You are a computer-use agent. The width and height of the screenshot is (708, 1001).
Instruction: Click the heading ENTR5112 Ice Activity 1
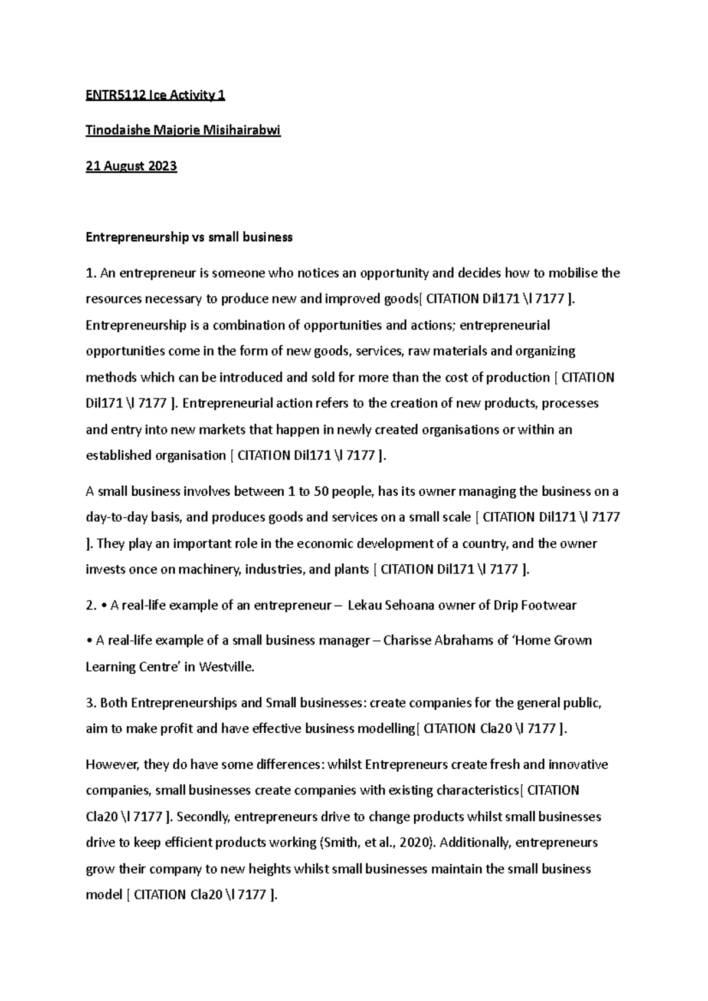click(x=155, y=95)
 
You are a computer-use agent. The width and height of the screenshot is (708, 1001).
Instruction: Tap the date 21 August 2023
click(x=131, y=166)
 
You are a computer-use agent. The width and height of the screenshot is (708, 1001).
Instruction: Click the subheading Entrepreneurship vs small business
click(x=189, y=237)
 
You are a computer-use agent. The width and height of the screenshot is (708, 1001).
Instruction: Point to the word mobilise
click(x=572, y=273)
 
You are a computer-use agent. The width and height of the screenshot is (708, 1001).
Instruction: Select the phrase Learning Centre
click(x=132, y=667)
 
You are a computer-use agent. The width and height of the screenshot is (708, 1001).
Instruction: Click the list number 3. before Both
click(x=91, y=703)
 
